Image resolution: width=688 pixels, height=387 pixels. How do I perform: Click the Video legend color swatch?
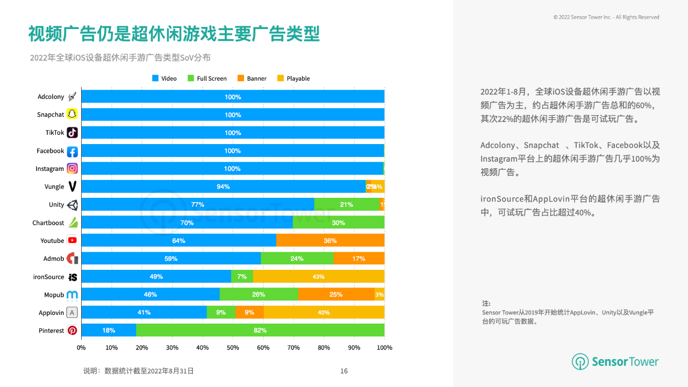(x=155, y=78)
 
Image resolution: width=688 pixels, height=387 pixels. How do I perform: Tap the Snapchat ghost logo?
(x=72, y=114)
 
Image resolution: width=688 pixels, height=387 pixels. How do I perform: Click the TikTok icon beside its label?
(x=72, y=132)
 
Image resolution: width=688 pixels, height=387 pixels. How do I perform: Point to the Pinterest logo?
(x=72, y=331)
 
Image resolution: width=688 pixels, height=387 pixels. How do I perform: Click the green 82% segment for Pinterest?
(x=260, y=330)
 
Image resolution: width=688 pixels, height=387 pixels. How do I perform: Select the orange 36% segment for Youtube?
(x=330, y=240)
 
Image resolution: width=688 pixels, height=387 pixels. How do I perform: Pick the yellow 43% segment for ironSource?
(x=319, y=276)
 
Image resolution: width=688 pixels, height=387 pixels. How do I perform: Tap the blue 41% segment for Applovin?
(x=144, y=312)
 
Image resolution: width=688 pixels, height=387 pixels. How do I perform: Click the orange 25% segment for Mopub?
(x=336, y=294)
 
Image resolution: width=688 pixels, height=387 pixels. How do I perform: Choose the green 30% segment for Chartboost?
(x=339, y=223)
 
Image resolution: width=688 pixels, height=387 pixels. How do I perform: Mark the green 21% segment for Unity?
(x=347, y=204)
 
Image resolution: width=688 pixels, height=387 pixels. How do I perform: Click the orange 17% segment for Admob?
(x=359, y=259)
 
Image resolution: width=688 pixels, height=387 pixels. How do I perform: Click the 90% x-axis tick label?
(x=354, y=348)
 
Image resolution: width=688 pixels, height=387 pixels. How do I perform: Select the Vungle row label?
(x=54, y=187)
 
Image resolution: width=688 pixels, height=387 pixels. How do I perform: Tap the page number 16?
(x=344, y=371)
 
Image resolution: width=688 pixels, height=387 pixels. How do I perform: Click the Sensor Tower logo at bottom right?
(x=615, y=362)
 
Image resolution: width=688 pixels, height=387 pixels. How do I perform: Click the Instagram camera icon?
(x=72, y=168)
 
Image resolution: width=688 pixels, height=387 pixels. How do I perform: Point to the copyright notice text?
(x=606, y=17)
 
